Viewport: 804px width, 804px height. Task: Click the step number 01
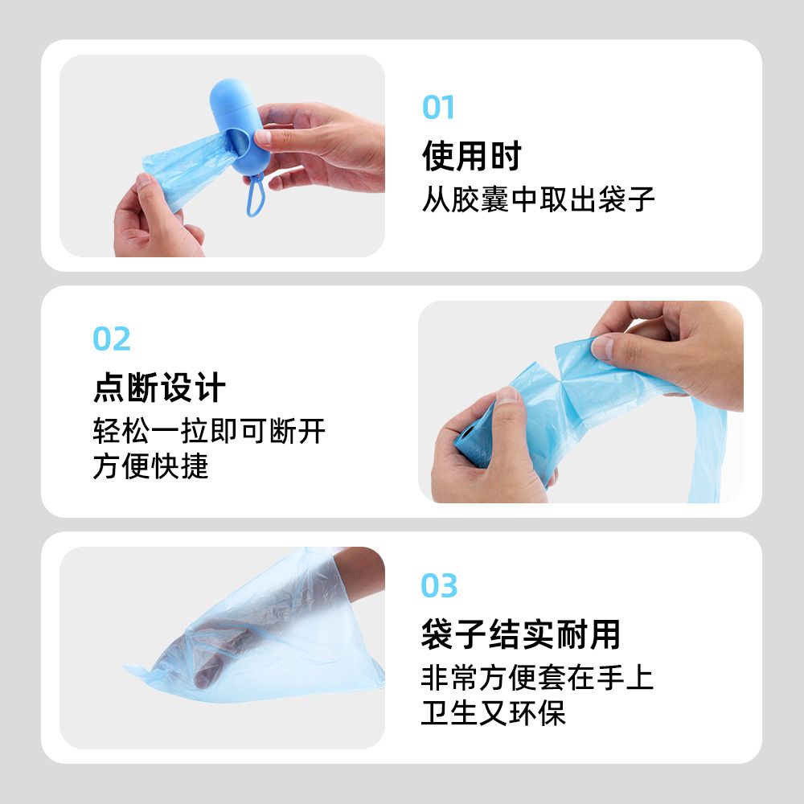point(438,107)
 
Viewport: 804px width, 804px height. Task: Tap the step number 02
point(111,339)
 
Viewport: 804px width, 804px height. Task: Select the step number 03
point(439,585)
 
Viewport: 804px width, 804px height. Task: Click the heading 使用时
point(472,156)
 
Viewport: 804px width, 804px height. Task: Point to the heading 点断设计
point(159,388)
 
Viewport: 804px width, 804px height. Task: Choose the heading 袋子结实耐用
point(520,634)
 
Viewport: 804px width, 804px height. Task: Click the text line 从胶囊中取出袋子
point(539,199)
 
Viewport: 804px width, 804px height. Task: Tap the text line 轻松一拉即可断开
point(209,431)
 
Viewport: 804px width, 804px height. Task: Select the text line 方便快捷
point(151,466)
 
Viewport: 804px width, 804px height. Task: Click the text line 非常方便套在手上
point(537,677)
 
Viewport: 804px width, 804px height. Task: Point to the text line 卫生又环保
point(494,712)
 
